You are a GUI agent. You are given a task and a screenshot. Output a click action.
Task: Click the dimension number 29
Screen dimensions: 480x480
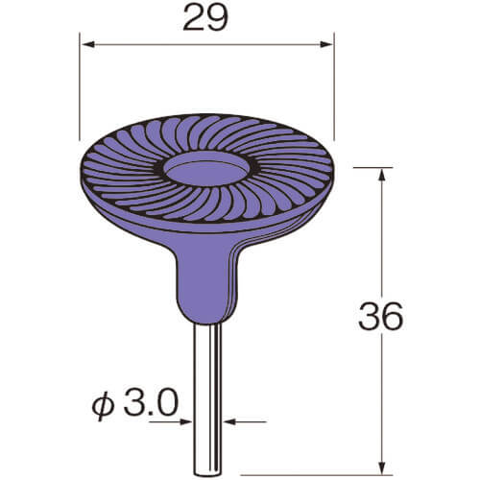click(206, 17)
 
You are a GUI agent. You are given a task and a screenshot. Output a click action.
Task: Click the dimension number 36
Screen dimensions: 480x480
click(381, 317)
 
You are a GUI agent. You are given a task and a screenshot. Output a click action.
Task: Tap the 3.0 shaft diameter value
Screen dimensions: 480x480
click(150, 403)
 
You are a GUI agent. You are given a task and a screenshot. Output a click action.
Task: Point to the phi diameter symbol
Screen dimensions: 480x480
click(104, 405)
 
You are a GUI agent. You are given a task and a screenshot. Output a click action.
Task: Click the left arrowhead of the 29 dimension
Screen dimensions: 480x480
click(88, 44)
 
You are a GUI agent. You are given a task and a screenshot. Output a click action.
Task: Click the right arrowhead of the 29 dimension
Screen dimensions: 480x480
click(326, 44)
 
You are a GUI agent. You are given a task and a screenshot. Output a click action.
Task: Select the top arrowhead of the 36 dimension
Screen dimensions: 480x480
click(381, 177)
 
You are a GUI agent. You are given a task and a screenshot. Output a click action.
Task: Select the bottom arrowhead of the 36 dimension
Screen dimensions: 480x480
click(381, 467)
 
